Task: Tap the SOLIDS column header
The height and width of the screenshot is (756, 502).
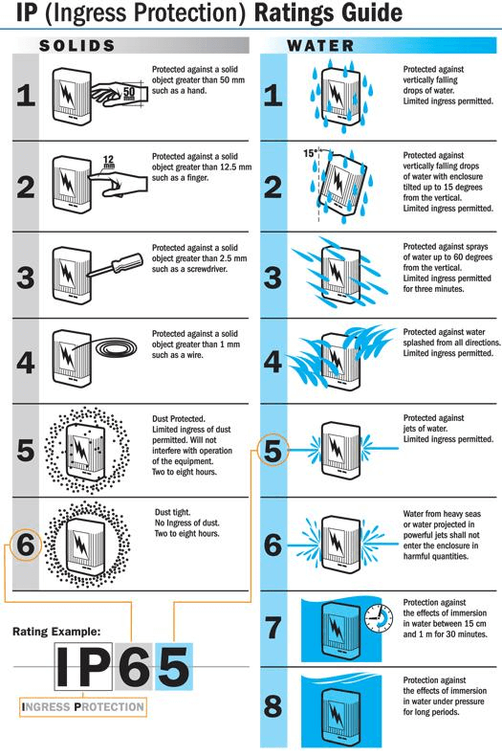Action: coord(77,45)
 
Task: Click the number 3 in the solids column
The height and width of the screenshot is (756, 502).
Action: coord(26,277)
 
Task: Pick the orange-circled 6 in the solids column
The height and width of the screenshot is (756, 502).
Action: coord(26,545)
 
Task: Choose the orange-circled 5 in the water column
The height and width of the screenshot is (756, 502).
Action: coord(273,451)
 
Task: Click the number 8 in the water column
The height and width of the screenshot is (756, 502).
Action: coord(273,708)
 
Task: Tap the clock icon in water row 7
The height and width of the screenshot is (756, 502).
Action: coord(379,616)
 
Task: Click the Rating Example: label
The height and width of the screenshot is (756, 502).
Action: coord(57,632)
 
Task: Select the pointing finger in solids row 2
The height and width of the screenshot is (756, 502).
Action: coord(120,185)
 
